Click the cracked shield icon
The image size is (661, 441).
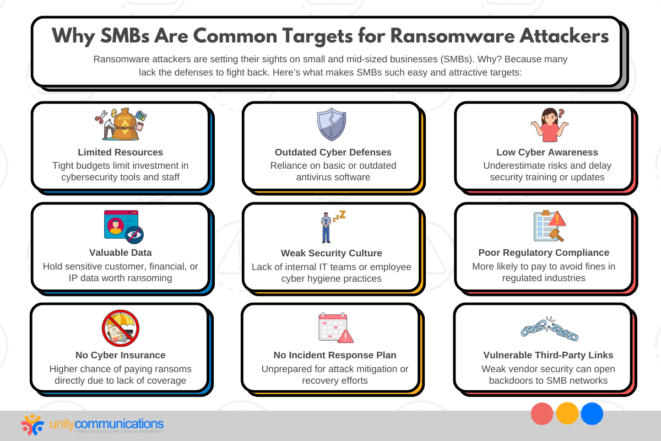332,125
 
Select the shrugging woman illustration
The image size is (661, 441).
550,125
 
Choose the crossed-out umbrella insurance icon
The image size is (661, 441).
121,328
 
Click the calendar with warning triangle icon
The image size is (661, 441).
335,328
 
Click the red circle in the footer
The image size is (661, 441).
542,413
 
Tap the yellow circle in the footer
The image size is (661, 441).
567,413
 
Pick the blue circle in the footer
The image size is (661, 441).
592,413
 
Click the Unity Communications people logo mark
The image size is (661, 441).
32,425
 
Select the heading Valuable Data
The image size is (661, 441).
121,252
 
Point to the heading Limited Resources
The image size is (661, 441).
121,152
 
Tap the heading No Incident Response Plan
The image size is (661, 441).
335,355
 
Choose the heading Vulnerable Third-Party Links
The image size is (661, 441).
548,355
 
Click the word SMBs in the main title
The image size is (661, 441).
125,36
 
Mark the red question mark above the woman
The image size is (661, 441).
561,113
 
